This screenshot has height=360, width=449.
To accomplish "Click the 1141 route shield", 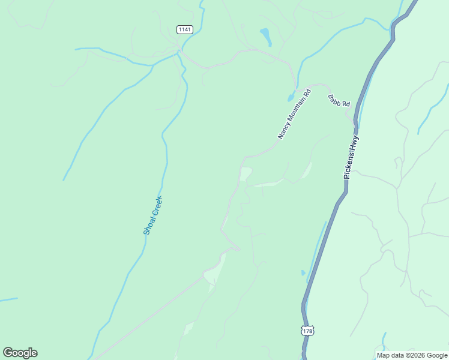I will click(185, 29).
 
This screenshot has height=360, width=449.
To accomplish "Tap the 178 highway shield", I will click(308, 331).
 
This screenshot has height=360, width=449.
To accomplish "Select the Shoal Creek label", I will click(153, 215).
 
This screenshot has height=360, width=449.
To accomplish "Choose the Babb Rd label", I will click(339, 101).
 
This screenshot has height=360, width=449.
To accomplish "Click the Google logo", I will click(20, 353).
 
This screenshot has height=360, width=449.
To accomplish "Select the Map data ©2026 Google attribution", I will click(412, 355).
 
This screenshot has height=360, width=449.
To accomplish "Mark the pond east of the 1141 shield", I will click(265, 35).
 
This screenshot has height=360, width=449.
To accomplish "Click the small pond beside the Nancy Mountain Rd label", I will click(291, 97).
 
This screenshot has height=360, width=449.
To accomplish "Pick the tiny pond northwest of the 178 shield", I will click(303, 273).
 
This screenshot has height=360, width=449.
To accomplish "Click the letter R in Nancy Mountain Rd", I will click(307, 94).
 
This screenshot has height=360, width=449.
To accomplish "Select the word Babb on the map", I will click(334, 98).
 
